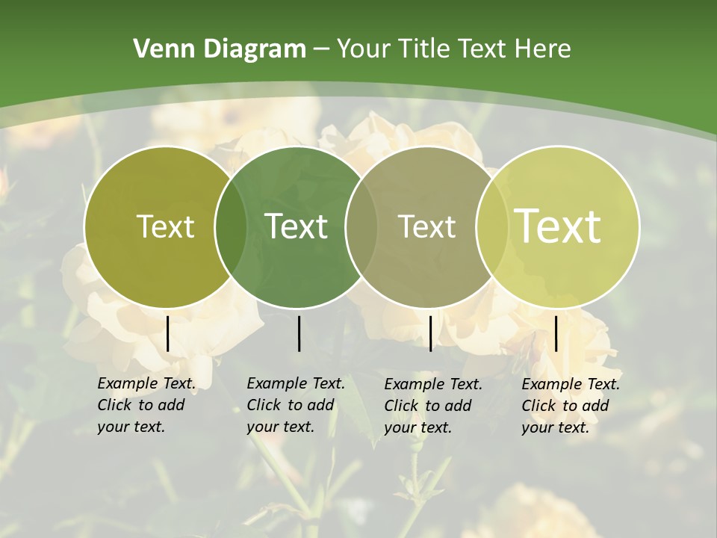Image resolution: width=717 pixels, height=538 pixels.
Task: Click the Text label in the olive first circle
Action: pyautogui.click(x=165, y=226)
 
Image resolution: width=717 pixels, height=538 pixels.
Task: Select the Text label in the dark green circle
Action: pyautogui.click(x=296, y=226)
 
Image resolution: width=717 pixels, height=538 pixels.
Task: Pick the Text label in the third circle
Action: pyautogui.click(x=426, y=226)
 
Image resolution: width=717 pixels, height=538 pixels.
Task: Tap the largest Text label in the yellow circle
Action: pyautogui.click(x=558, y=226)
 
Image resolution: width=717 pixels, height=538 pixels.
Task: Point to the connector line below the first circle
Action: pyautogui.click(x=168, y=333)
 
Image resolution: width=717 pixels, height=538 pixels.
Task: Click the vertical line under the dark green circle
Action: pyautogui.click(x=299, y=333)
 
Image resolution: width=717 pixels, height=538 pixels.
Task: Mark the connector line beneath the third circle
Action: pyautogui.click(x=431, y=333)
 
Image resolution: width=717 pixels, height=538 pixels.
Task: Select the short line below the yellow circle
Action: pyautogui.click(x=556, y=333)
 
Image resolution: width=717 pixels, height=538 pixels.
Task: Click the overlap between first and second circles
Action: pyautogui.click(x=231, y=227)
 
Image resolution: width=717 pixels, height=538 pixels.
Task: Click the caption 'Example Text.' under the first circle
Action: pyautogui.click(x=146, y=383)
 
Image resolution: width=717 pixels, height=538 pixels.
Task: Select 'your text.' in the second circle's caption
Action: pyautogui.click(x=280, y=427)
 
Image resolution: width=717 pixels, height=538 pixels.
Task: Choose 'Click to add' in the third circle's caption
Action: pyautogui.click(x=428, y=406)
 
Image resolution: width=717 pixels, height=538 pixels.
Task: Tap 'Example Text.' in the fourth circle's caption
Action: pyautogui.click(x=571, y=384)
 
